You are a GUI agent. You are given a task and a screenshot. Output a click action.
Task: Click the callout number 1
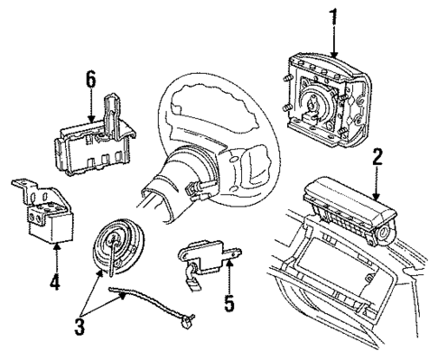[x=336, y=16]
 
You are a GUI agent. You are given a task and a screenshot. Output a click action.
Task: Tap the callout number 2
[x=376, y=159]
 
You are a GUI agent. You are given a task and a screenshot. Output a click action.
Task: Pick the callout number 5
[x=228, y=304]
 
